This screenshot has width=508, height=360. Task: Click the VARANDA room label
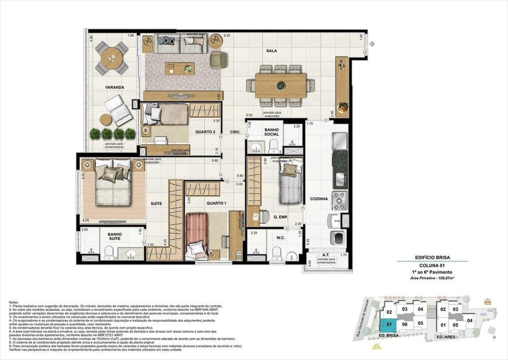[x=115, y=87]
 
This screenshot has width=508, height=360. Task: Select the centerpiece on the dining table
[x=280, y=85]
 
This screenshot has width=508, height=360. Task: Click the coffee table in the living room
[x=179, y=68]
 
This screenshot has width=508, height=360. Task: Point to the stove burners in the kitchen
[x=339, y=199]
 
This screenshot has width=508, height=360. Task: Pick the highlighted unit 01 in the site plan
[x=389, y=323]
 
